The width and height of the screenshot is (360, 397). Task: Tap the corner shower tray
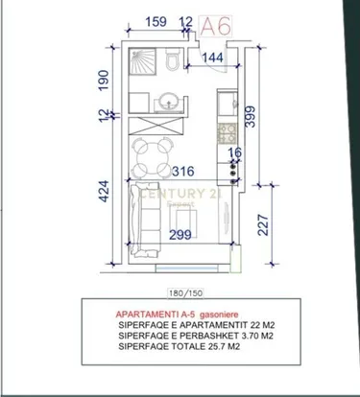(x=141, y=65)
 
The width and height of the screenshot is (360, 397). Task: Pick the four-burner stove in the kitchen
(x=228, y=133)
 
